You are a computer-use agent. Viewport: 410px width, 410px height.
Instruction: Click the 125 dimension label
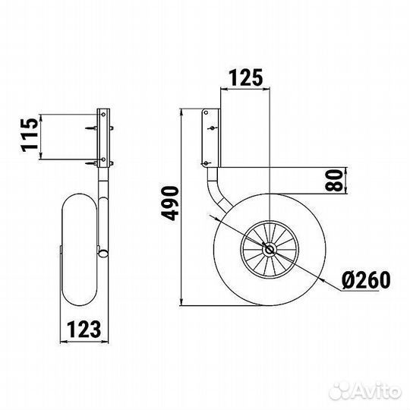245,77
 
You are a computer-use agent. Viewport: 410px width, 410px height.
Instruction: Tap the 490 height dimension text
170,203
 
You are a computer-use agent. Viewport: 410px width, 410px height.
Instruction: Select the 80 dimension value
333,180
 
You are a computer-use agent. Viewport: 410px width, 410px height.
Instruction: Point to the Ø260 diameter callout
366,279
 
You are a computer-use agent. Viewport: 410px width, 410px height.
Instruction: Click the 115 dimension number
30,135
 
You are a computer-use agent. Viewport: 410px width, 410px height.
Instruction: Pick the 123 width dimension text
84,330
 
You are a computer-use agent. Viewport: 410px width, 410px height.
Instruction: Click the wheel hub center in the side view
269,250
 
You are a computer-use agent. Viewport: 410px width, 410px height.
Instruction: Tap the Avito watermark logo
365,392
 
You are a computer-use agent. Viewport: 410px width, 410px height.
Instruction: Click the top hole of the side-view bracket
206,112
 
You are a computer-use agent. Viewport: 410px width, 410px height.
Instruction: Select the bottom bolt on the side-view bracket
206,163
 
